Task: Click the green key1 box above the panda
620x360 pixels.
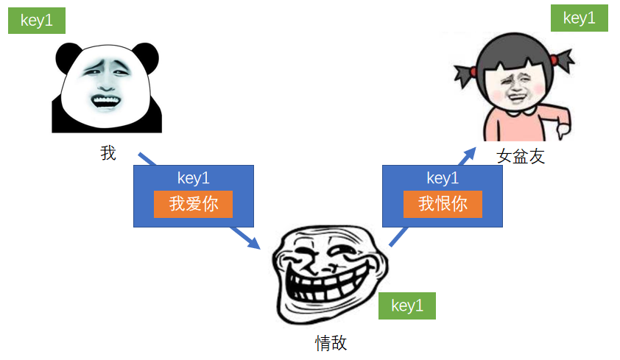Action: tap(37, 21)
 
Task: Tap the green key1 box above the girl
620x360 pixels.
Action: tap(579, 18)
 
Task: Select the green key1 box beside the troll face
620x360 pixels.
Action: tap(407, 306)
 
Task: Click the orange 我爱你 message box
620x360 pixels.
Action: tap(194, 205)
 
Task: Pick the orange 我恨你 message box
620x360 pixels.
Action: tap(443, 205)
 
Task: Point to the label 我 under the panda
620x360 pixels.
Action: tap(108, 153)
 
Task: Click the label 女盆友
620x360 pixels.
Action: tap(521, 156)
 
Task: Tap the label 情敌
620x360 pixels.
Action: tap(331, 343)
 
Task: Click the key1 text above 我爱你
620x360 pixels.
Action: tap(194, 178)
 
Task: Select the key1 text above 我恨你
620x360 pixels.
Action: tap(443, 178)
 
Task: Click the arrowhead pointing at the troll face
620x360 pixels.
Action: tap(255, 242)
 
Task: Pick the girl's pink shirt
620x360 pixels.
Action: tap(515, 125)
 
